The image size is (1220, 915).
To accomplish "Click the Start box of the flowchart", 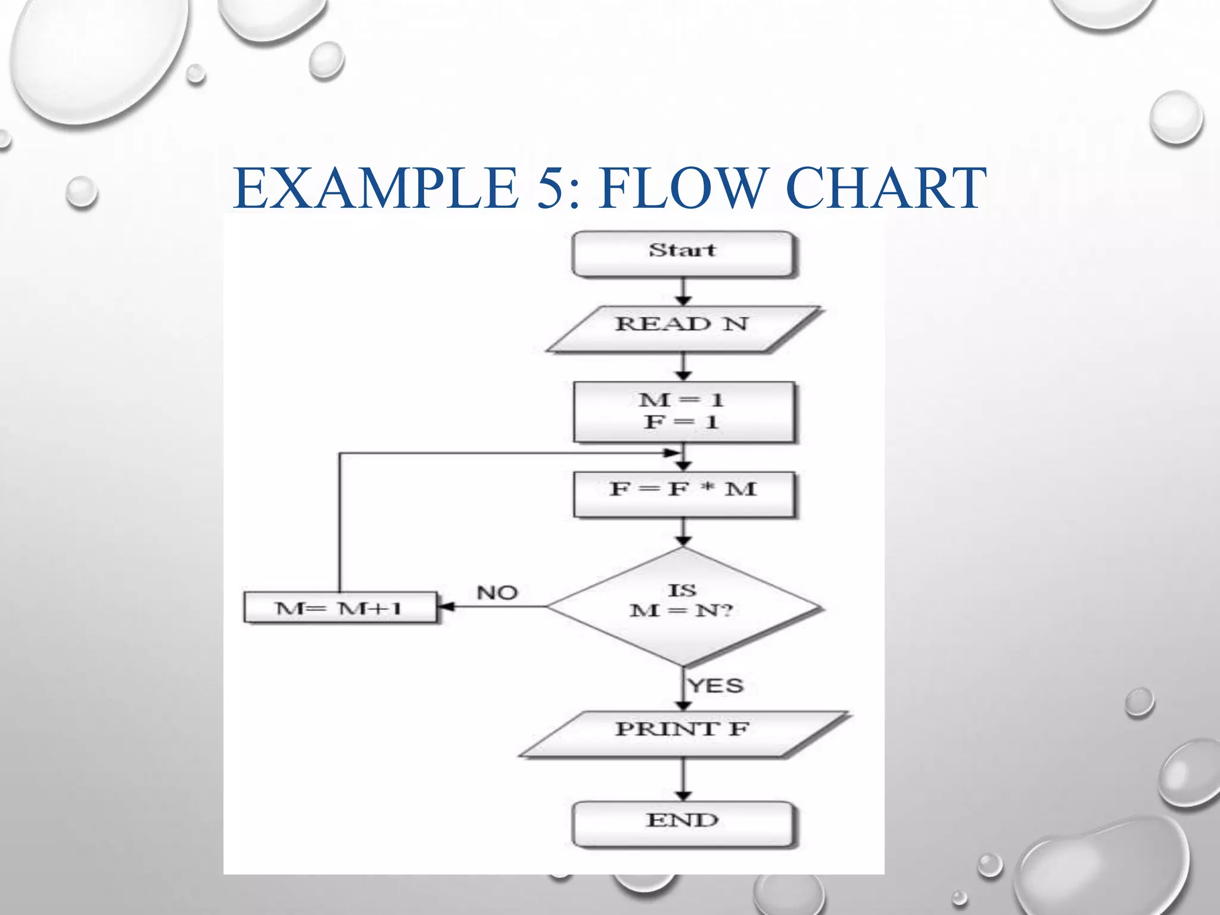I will tap(683, 254).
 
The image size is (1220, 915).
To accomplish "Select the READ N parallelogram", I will tap(683, 329).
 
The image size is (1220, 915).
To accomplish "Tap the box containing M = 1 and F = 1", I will tap(683, 412).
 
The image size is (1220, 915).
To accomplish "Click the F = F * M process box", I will tap(683, 494).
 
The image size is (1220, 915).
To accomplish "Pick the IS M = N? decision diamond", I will tap(683, 606).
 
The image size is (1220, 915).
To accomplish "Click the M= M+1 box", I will tap(340, 608).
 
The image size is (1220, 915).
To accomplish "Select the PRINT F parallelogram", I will tap(683, 733).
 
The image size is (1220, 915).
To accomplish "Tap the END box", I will tap(683, 824).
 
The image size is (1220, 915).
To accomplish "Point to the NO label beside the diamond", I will tap(497, 593).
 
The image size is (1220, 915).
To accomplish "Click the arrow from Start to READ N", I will tap(684, 292).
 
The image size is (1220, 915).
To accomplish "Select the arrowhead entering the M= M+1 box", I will tap(446, 607).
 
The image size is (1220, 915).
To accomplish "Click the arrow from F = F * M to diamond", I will tap(684, 531).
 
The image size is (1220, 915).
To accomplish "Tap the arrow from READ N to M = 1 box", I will tap(684, 366).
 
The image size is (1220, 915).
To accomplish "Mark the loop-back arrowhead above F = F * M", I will tap(673, 453).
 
